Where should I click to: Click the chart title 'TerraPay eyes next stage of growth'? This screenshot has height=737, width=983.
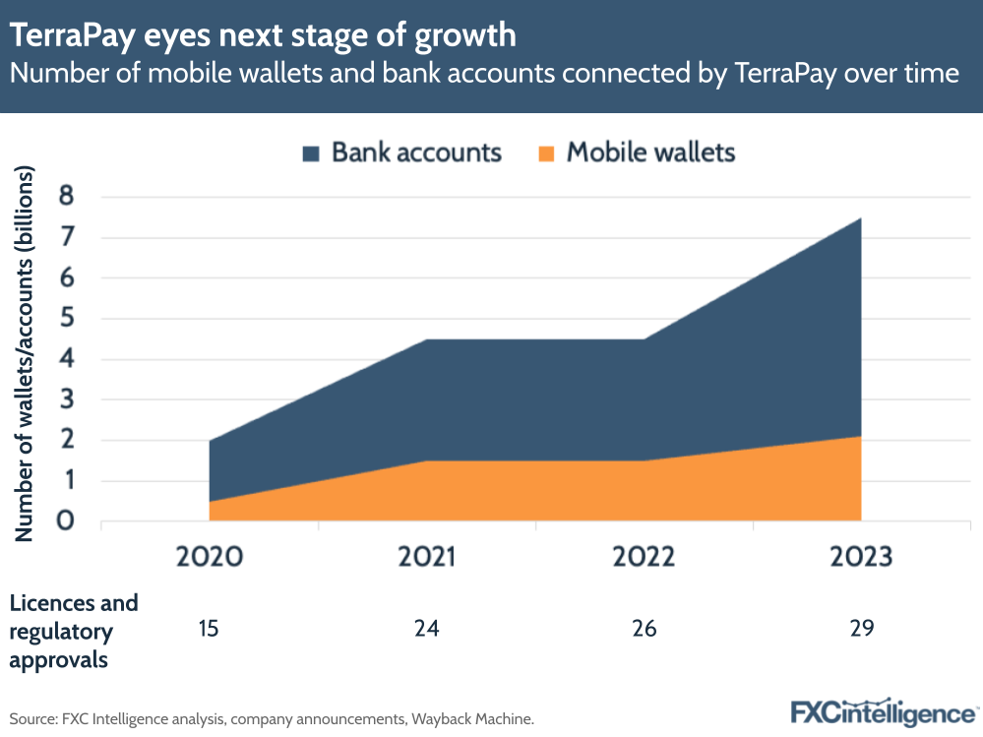click(263, 35)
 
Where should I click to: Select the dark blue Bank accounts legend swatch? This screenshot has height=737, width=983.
click(311, 154)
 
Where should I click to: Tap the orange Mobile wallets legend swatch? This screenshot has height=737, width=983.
click(546, 154)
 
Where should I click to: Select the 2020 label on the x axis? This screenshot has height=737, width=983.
click(209, 557)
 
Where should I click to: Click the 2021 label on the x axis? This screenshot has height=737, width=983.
click(426, 557)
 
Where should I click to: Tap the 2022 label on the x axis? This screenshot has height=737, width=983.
click(644, 557)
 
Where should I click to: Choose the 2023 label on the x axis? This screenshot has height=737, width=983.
click(861, 557)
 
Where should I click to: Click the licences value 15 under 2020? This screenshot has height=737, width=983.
click(209, 627)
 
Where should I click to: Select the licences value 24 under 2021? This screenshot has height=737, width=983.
click(426, 627)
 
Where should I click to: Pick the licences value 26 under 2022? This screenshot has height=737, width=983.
click(644, 627)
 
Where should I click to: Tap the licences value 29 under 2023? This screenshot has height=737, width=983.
click(861, 627)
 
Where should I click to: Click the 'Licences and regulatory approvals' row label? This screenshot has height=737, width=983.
click(74, 631)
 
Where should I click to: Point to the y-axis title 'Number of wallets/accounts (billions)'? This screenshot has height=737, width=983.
click(25, 354)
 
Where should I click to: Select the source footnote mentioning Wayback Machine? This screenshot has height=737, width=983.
click(272, 719)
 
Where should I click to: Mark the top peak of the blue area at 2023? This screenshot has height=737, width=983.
click(860, 218)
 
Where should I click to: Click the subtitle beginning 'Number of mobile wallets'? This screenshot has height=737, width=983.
click(484, 74)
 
